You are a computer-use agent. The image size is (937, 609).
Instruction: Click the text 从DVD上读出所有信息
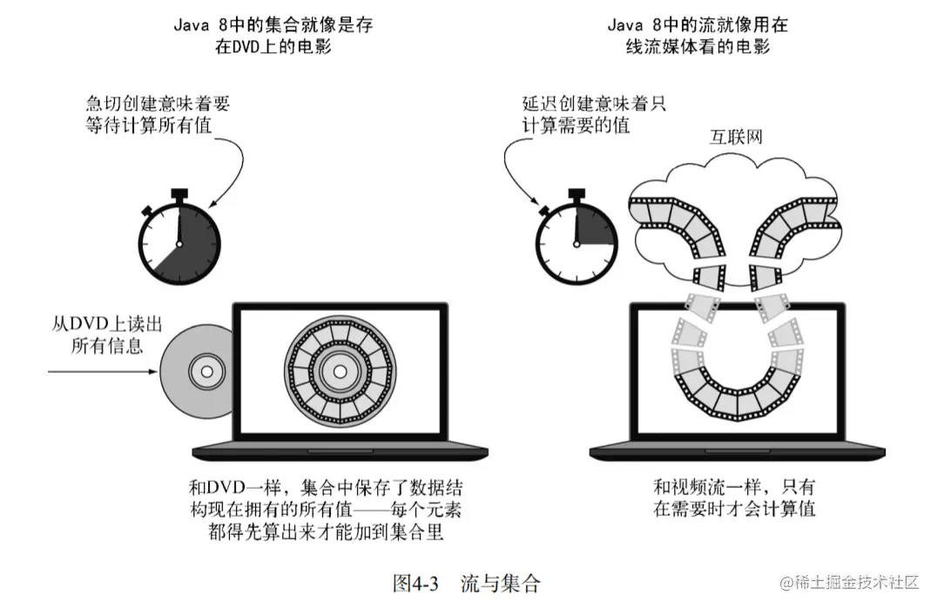coord(104,335)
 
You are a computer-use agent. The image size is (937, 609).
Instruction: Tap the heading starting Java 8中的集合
coord(273,36)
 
